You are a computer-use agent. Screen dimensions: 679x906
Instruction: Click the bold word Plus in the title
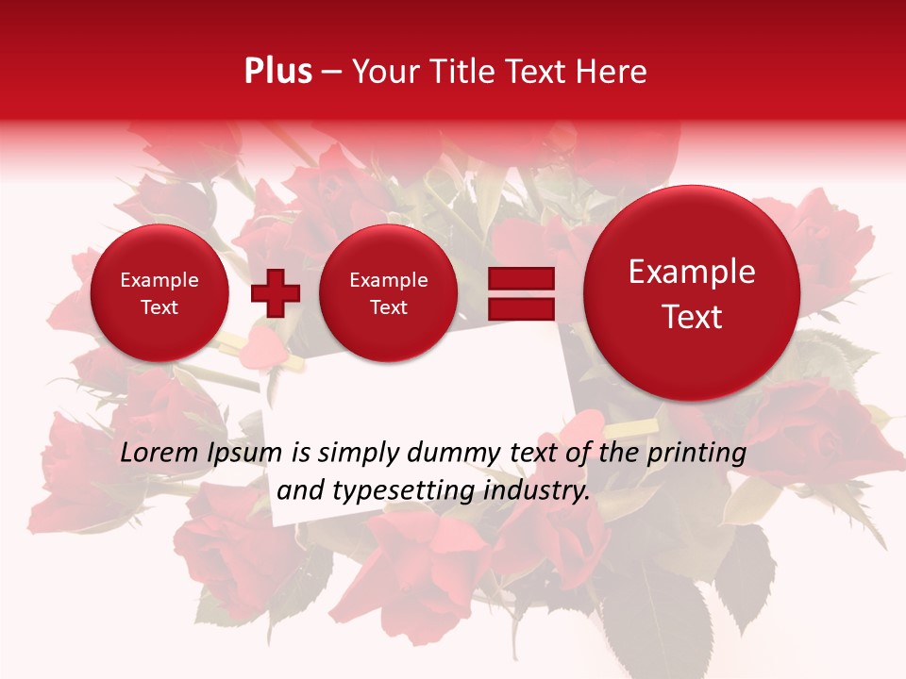point(277,72)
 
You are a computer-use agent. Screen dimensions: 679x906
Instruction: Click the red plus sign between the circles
point(276,292)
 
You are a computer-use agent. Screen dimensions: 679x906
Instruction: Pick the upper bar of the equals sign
point(520,278)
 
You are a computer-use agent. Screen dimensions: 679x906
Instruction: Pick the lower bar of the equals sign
point(520,308)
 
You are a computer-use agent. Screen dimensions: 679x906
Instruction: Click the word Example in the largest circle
point(692,272)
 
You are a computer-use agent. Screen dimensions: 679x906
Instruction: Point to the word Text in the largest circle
point(692,317)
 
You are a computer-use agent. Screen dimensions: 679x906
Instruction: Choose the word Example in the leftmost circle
point(159,280)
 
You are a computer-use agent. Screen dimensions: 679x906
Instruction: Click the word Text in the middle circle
point(388,307)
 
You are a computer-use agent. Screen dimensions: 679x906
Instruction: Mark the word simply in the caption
point(357,454)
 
